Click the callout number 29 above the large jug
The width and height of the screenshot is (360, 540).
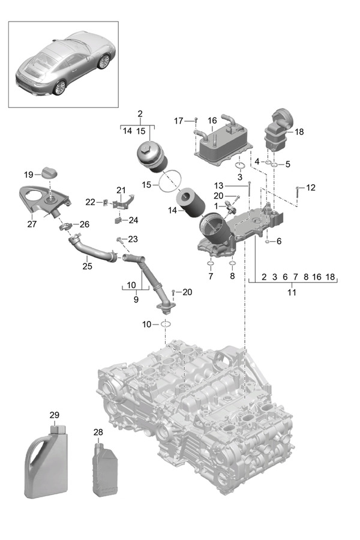coord(55,415)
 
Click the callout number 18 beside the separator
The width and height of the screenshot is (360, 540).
coord(300,131)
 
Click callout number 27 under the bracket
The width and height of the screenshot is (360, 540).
coord(32,224)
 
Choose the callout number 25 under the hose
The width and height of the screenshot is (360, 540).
coord(88,265)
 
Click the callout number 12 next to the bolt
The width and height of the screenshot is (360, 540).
coord(310,188)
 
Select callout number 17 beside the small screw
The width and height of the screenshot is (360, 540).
coord(179,121)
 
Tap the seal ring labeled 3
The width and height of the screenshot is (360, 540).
coord(239,166)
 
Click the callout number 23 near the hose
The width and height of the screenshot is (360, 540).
coord(133,239)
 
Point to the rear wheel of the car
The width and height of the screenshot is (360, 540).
coord(59,87)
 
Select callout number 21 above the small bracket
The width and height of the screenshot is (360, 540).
coord(121,190)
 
